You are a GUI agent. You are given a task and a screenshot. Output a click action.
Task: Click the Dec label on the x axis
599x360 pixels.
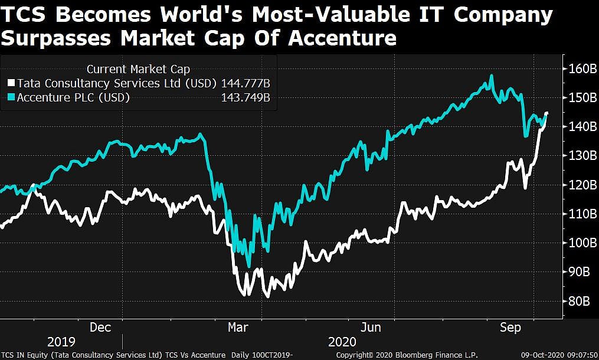point(101,327)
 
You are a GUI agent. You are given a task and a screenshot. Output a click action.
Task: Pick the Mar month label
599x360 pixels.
point(238,327)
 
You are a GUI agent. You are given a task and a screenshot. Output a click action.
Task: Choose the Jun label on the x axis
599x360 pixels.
point(370,327)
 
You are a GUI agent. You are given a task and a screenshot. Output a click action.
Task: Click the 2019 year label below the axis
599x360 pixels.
point(61,342)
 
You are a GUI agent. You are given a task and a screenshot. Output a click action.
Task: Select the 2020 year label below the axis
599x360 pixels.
point(342,342)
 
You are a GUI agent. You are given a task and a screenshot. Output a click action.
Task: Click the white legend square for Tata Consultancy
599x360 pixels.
point(12,83)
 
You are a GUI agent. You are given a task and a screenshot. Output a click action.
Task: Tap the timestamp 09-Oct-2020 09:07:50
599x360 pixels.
point(558,355)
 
